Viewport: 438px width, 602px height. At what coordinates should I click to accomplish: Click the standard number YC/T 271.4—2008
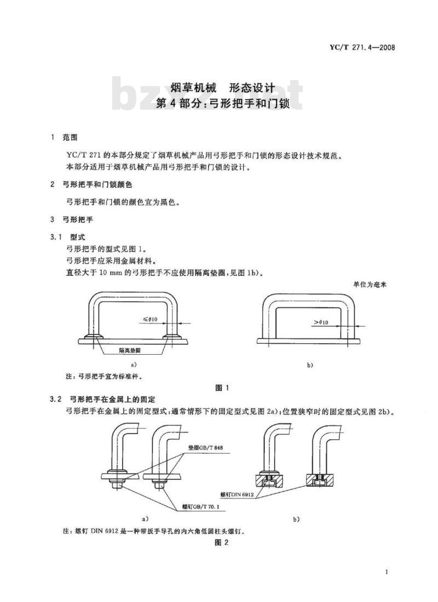pyautogui.click(x=362, y=48)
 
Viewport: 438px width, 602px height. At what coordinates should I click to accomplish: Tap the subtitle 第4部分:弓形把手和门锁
pyautogui.click(x=222, y=104)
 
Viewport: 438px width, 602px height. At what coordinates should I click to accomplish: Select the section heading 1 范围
pyautogui.click(x=64, y=137)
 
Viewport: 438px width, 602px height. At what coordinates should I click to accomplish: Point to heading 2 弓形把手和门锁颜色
pyautogui.click(x=91, y=185)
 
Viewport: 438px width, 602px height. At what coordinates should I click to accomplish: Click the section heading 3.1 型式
pyautogui.click(x=67, y=237)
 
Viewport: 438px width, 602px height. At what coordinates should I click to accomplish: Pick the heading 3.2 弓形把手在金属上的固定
pyautogui.click(x=102, y=400)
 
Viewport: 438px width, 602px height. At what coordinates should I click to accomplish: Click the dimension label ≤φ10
pyautogui.click(x=150, y=319)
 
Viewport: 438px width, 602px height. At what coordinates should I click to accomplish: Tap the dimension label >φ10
pyautogui.click(x=321, y=322)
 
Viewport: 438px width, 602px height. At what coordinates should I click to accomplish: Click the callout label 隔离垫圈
pyautogui.click(x=130, y=350)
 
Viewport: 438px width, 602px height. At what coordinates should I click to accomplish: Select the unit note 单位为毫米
pyautogui.click(x=370, y=285)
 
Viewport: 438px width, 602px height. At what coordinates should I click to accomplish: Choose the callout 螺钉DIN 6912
pyautogui.click(x=237, y=495)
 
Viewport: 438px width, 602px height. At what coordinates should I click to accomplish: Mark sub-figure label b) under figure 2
pyautogui.click(x=296, y=519)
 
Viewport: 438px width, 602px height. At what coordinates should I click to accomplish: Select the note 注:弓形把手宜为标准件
pyautogui.click(x=105, y=377)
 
